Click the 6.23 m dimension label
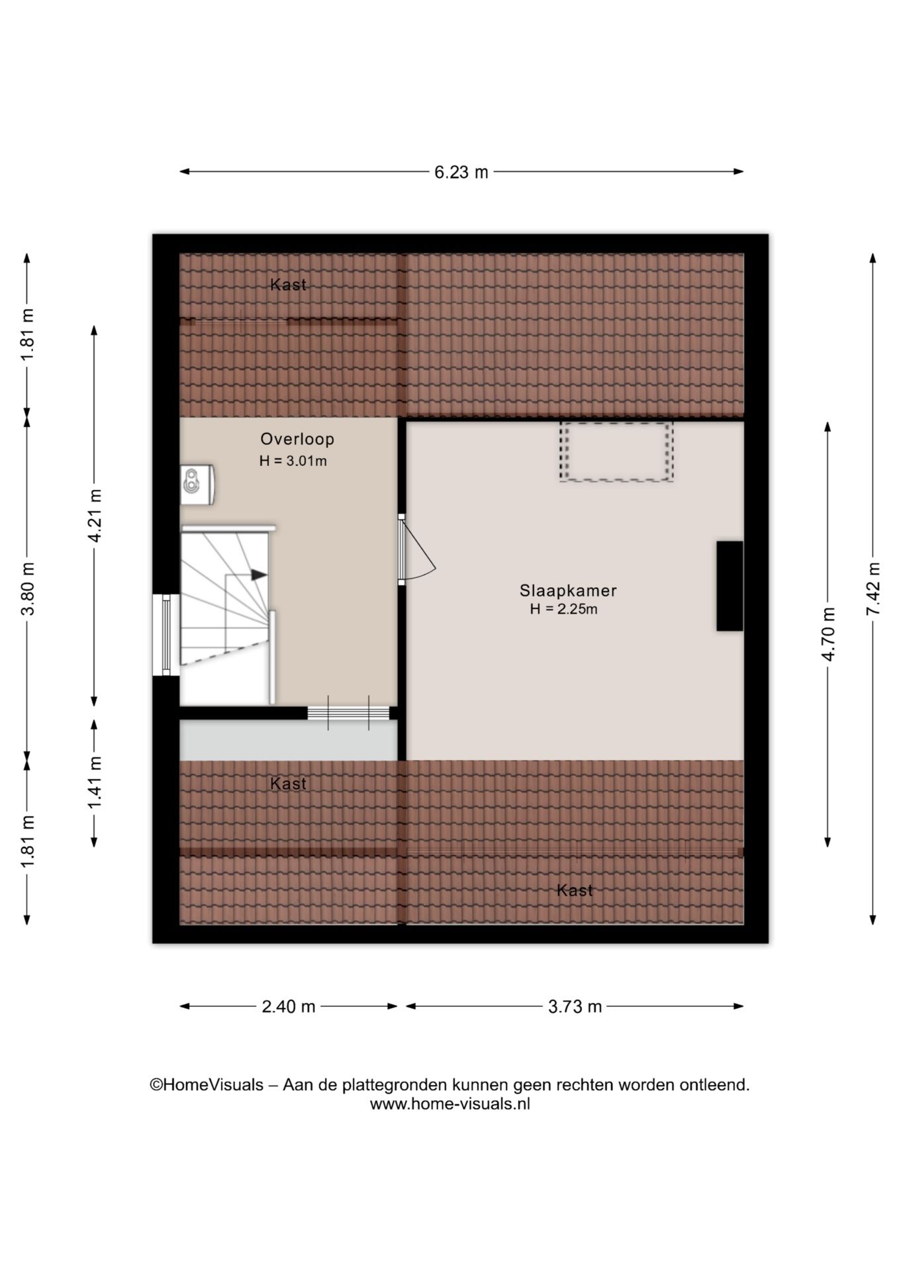click(461, 172)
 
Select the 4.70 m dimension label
click(828, 634)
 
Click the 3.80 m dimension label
click(28, 588)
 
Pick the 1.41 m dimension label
click(95, 782)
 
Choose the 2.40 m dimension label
click(289, 1007)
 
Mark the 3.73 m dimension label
click(575, 1007)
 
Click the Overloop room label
click(297, 439)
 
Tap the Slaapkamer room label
click(568, 590)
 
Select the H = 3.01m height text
click(293, 461)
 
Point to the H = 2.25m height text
click(563, 610)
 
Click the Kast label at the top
click(289, 285)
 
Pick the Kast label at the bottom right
click(575, 890)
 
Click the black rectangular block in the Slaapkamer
click(730, 586)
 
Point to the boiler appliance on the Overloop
click(197, 485)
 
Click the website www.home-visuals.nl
click(450, 1104)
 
